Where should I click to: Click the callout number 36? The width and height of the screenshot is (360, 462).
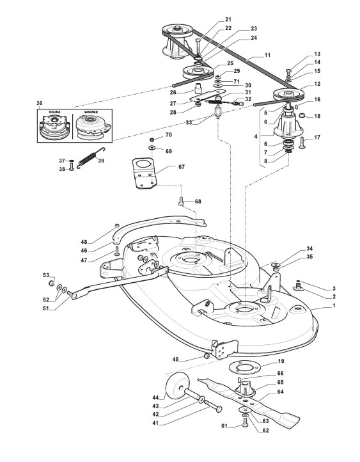[x=39, y=103]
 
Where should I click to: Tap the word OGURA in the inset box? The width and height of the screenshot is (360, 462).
[x=54, y=112]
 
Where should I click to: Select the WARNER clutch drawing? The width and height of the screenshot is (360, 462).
[x=93, y=127]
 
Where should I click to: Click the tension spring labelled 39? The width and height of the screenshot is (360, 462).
[x=91, y=158]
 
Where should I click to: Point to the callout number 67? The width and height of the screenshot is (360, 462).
[x=182, y=167]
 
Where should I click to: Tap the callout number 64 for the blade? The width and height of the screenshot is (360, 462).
[x=280, y=392]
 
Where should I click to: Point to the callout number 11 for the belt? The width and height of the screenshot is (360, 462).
[x=267, y=55]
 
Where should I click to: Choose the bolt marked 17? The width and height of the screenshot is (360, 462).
[x=302, y=144]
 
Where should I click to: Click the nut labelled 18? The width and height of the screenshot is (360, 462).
[x=302, y=115]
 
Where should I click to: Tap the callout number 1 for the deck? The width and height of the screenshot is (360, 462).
[x=334, y=306]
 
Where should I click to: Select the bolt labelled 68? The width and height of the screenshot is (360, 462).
[x=182, y=201]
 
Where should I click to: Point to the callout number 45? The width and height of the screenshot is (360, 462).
[x=175, y=360]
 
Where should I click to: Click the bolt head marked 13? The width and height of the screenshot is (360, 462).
[x=289, y=71]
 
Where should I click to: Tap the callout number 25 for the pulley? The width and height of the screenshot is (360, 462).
[x=230, y=63]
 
